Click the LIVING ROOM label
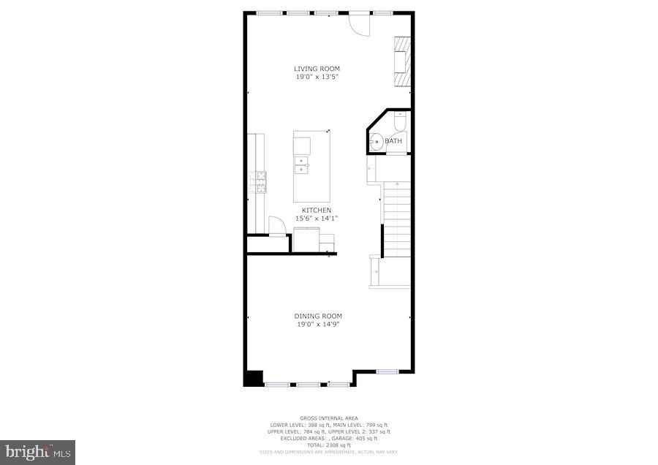coord(312,69)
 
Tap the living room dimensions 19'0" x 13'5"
coord(312,76)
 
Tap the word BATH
coord(393,141)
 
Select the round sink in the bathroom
coord(377,142)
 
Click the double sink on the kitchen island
coord(302,167)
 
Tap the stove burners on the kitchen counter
coord(257,181)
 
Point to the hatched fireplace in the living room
coord(401,61)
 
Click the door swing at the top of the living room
coord(360,24)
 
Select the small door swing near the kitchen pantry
coord(277,226)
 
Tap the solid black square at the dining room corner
coord(253,378)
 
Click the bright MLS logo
coord(37,452)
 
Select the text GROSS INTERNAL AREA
coord(328,419)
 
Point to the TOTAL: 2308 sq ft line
coord(328,445)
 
